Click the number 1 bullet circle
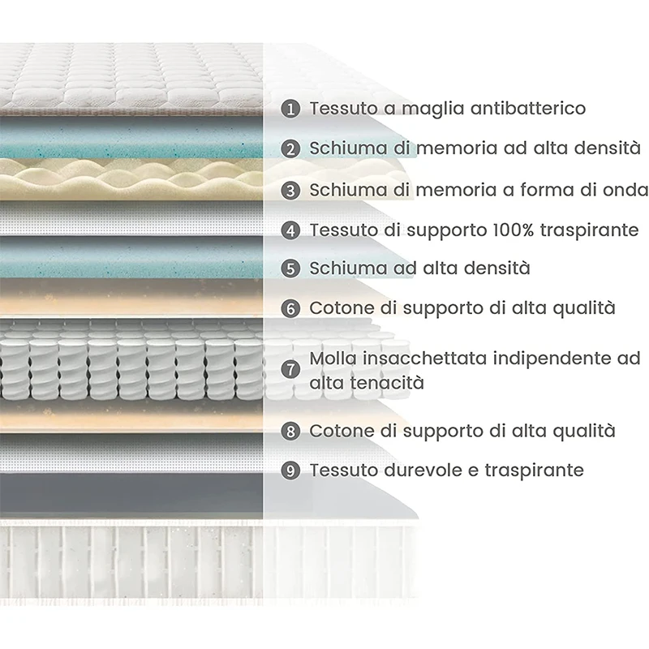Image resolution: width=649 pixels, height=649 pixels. pos(291,108)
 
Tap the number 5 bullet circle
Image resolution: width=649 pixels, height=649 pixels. pos(291,269)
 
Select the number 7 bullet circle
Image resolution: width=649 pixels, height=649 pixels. pos(291,369)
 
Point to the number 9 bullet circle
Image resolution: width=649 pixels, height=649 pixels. pos(291,471)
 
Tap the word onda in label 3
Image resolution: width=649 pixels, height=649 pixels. pos(626,190)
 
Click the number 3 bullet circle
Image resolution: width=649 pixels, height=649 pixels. pos(291,191)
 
